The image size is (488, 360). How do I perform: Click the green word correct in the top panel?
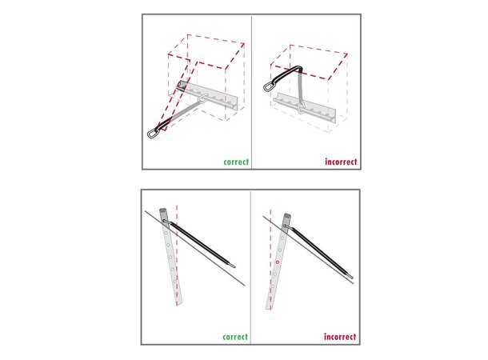click(236, 162)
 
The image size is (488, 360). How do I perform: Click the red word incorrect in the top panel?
click(341, 162)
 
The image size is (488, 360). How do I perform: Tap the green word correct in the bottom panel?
click(235, 337)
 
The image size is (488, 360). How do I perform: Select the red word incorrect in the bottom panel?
click(340, 337)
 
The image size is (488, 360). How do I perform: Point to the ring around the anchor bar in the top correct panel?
click(202, 98)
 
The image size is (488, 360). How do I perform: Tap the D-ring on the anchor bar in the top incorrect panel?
click(301, 108)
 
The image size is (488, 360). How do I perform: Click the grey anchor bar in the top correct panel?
click(207, 95)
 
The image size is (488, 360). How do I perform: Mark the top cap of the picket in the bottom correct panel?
click(163, 211)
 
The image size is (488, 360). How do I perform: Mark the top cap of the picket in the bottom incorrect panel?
click(287, 216)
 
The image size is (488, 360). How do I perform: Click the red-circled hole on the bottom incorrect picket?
click(278, 262)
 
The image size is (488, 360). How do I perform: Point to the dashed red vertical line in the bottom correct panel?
click(177, 255)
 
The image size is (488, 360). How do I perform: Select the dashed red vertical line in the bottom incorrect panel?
click(270, 259)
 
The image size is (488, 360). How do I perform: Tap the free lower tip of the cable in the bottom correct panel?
click(234, 266)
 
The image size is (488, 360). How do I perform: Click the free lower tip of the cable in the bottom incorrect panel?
click(352, 276)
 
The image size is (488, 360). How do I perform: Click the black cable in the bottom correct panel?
click(199, 244)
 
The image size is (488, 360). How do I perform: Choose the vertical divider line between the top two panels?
click(251, 92)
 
